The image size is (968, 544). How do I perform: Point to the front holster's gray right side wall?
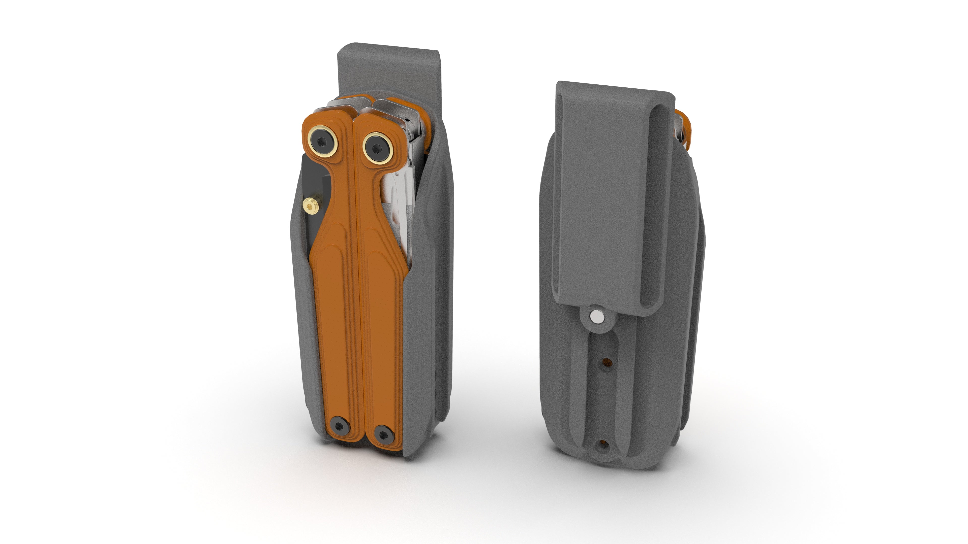pos(428,300)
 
